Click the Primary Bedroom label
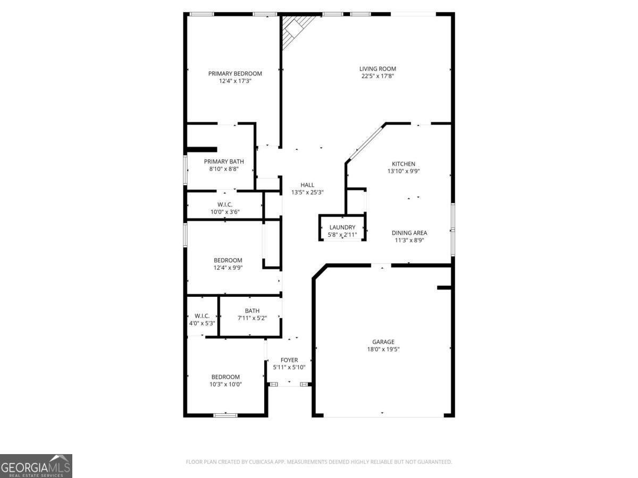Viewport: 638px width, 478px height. pos(235,73)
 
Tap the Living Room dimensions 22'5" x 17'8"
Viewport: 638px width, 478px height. pos(377,76)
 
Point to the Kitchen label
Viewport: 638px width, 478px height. pos(404,164)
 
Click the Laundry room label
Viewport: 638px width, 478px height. pos(342,227)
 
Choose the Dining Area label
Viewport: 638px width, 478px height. pos(409,233)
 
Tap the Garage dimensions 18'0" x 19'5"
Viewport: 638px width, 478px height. pos(383,349)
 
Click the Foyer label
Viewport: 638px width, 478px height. pos(289,360)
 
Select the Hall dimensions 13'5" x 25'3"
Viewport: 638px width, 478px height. pos(307,192)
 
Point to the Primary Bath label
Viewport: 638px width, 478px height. pos(224,161)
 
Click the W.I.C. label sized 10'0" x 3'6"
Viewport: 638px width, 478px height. pos(225,204)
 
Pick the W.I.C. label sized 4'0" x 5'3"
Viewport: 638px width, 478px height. pos(202,316)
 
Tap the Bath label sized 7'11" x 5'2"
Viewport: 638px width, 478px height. pos(252,311)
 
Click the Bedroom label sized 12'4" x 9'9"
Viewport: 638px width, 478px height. pos(228,260)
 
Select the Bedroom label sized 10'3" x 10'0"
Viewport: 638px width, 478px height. pos(226,377)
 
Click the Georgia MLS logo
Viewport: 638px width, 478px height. pos(36,466)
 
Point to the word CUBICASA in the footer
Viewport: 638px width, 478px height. pos(264,462)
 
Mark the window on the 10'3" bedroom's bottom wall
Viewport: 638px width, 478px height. pos(225,415)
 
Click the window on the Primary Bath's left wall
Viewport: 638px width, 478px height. pos(185,170)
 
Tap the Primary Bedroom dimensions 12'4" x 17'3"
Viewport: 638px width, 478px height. pos(235,81)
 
